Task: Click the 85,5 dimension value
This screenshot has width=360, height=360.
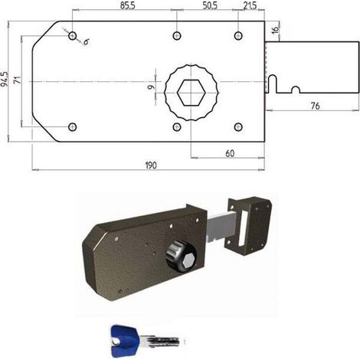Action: pos(128,5)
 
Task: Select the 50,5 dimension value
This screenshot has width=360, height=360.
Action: pos(210,5)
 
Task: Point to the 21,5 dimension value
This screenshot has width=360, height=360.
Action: pos(250,5)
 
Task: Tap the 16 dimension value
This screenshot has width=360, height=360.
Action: pos(275,30)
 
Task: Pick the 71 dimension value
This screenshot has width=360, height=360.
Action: pos(18,80)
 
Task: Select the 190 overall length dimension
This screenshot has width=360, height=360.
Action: pos(151,165)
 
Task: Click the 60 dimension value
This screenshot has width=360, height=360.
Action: pos(230,153)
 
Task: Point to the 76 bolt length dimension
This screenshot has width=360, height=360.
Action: pos(316,106)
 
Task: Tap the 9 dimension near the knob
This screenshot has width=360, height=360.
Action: pos(152,87)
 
